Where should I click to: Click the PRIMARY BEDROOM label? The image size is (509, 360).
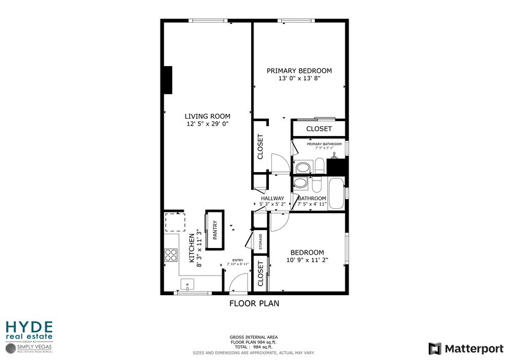pyautogui.click(x=299, y=71)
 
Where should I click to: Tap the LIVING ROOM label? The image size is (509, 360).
pyautogui.click(x=208, y=116)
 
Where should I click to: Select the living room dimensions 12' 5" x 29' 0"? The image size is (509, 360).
pyautogui.click(x=208, y=124)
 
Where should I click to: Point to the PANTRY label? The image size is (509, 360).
pyautogui.click(x=215, y=230)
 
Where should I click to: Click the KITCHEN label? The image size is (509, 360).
pyautogui.click(x=191, y=249)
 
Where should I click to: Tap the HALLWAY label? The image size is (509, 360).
pyautogui.click(x=272, y=198)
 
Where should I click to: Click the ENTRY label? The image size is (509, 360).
pyautogui.click(x=238, y=261)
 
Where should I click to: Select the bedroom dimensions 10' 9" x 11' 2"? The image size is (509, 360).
pyautogui.click(x=307, y=260)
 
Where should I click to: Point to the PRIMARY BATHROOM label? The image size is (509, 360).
pyautogui.click(x=320, y=144)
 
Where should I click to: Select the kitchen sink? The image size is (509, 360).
pyautogui.click(x=186, y=283)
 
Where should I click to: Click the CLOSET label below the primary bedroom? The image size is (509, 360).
pyautogui.click(x=319, y=129)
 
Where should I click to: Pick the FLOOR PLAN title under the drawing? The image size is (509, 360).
pyautogui.click(x=254, y=303)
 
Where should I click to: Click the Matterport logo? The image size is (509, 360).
pyautogui.click(x=466, y=348)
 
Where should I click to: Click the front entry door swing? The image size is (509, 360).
pyautogui.click(x=239, y=282)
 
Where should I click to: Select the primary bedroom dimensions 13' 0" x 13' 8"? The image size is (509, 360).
pyautogui.click(x=299, y=79)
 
